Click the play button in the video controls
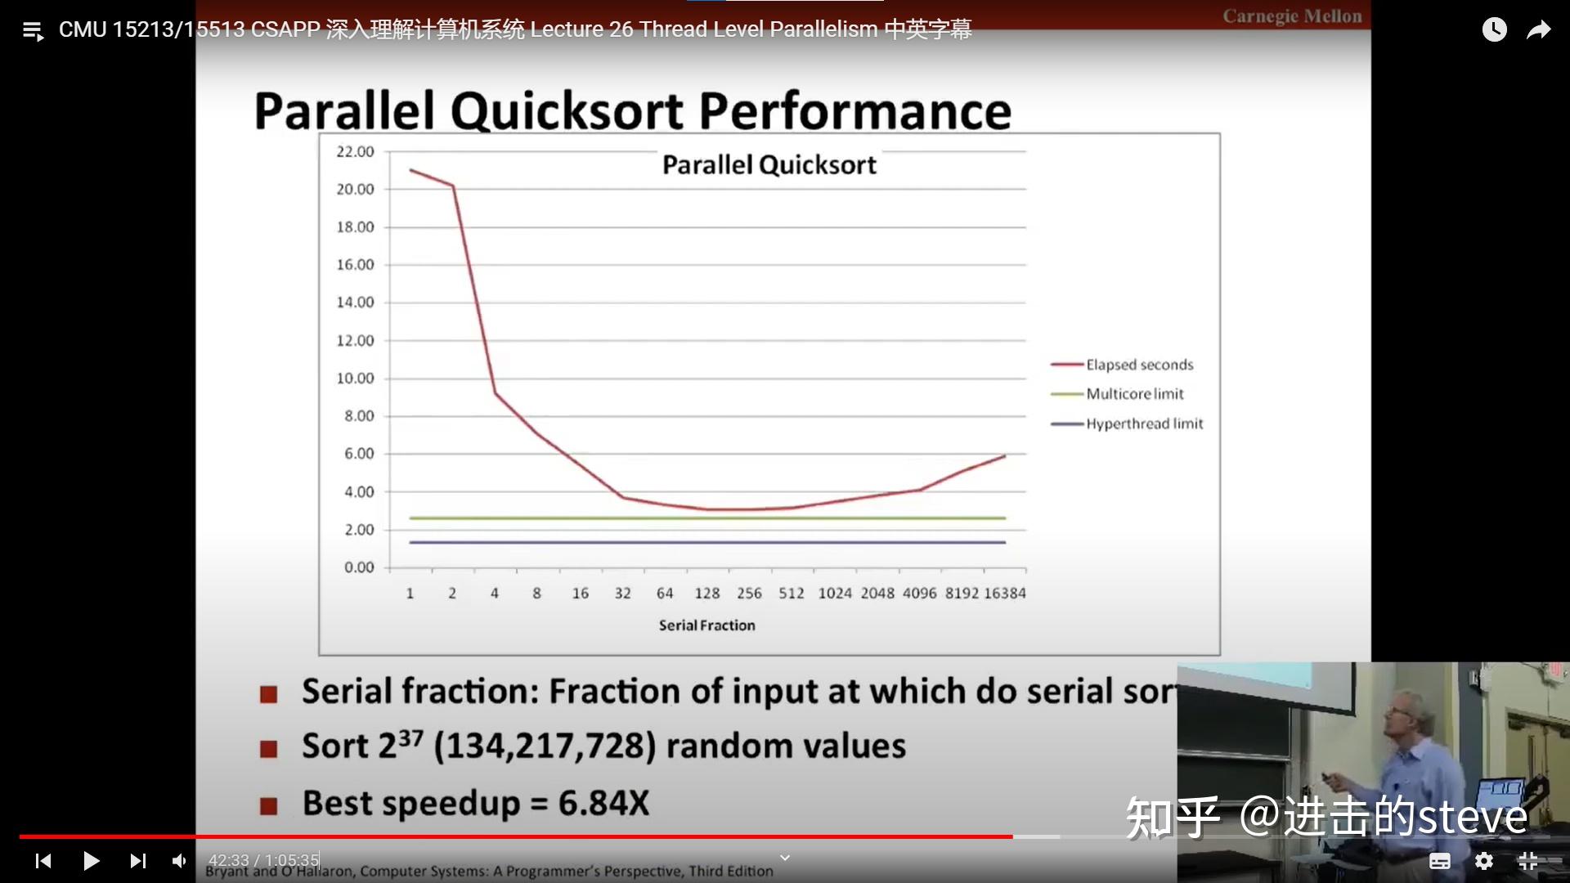click(x=91, y=860)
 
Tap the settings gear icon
click(x=1483, y=860)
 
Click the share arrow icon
click(x=1538, y=30)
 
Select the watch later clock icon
click(x=1494, y=30)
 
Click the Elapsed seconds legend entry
click(x=1139, y=365)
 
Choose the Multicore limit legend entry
click(x=1134, y=394)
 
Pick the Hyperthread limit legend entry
click(x=1144, y=424)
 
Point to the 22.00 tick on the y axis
click(x=355, y=152)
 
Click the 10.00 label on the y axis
click(x=355, y=379)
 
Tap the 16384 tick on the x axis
click(x=1004, y=594)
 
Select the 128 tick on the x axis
click(x=707, y=594)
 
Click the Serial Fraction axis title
click(x=707, y=625)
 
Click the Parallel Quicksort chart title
click(x=769, y=165)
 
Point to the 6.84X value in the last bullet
click(x=603, y=803)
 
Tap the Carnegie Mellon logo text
click(x=1292, y=16)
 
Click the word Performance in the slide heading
click(x=855, y=111)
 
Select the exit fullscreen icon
click(x=1527, y=860)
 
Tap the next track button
click(x=137, y=860)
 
